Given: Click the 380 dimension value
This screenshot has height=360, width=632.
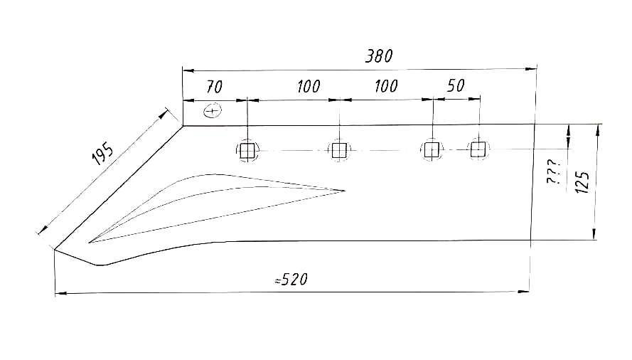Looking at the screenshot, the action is tap(379, 56).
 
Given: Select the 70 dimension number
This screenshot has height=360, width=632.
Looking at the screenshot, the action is tap(214, 87).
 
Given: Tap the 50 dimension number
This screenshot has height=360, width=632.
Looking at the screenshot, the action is tap(456, 85).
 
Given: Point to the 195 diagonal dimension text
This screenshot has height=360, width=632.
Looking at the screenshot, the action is tap(103, 154).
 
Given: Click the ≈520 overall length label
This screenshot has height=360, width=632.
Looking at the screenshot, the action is tap(291, 280).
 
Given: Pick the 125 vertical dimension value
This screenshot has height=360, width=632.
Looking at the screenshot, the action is tap(582, 182).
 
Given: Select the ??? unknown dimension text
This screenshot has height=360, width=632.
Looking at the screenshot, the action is tap(553, 171).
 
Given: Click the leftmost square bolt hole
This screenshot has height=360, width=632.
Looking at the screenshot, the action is tap(247, 151).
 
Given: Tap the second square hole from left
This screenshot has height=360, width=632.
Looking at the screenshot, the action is tap(339, 151).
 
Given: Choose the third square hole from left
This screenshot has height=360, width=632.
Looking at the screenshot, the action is tap(432, 149).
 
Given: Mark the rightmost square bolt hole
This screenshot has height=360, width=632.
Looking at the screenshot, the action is tap(478, 149).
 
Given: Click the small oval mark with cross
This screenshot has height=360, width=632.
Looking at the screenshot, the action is tap(213, 110).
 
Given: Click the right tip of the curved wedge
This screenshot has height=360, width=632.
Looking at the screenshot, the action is tap(346, 191).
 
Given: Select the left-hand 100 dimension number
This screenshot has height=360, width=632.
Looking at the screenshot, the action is tap(309, 86).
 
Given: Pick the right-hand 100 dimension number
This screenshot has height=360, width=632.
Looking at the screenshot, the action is tap(386, 86).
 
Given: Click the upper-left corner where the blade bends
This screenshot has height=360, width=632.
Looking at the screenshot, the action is tap(183, 126).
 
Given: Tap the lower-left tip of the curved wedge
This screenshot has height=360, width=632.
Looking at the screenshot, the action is tap(89, 243).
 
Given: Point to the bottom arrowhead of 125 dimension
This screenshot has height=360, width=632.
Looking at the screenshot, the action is tap(594, 234).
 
